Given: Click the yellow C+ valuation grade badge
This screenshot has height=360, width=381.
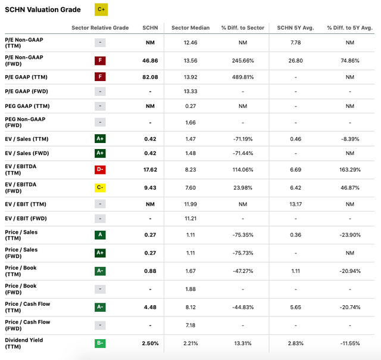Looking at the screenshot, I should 101,10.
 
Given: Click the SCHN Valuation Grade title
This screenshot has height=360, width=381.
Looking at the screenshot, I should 43,10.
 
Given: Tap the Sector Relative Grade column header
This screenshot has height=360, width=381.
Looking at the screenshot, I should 100,28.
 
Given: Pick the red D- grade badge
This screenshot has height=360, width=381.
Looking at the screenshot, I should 101,169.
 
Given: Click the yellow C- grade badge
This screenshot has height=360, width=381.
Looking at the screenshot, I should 101,188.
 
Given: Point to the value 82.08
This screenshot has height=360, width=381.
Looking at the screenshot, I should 150,76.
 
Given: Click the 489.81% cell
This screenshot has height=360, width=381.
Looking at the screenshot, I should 242,76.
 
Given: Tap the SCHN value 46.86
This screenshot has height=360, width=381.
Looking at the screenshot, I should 150,60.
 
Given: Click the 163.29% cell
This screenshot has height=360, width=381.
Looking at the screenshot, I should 349,169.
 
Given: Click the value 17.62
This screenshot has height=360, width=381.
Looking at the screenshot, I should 150,169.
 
